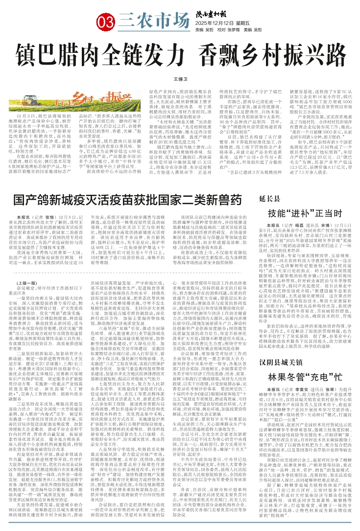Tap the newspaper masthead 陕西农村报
212,15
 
